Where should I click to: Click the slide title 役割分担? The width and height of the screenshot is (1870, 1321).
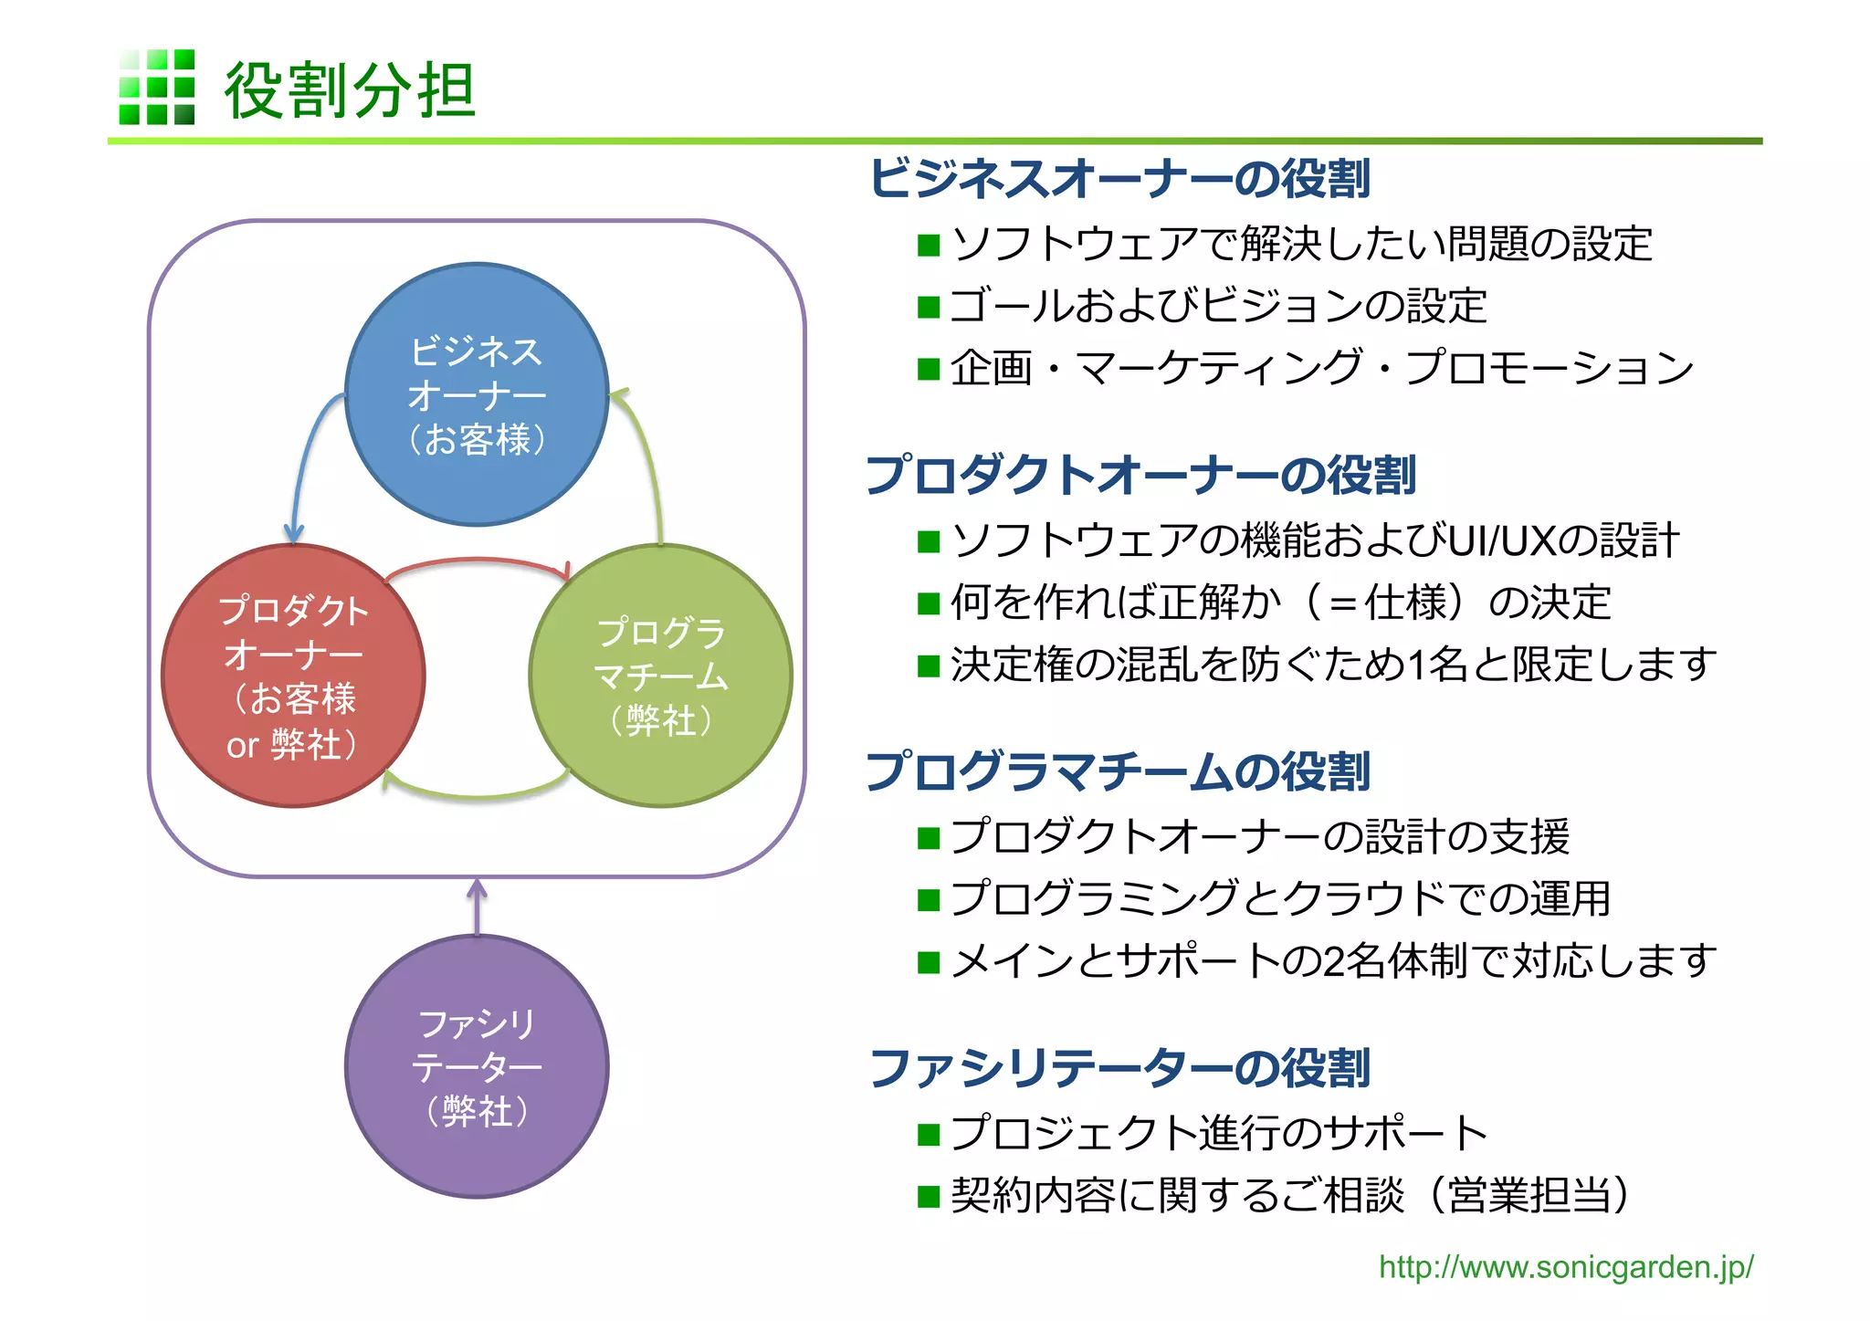350,90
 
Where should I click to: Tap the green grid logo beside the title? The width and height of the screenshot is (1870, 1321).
157,87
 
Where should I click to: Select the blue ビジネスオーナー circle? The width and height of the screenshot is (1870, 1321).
477,394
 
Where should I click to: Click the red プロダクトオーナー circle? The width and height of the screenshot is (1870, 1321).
293,676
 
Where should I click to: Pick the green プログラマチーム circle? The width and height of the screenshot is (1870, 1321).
660,676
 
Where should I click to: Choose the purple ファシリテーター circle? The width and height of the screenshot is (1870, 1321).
477,1066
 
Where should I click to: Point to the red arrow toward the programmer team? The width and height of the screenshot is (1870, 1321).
478,561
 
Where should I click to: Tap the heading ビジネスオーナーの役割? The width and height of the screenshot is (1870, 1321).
1119,178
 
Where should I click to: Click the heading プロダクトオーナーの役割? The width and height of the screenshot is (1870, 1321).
1141,475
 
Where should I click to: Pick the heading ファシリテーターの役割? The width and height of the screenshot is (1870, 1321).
1119,1068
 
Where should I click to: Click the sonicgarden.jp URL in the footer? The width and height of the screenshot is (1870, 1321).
1565,1267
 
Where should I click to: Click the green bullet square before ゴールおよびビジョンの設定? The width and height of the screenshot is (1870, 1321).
929,307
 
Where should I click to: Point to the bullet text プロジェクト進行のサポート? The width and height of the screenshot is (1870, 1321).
1219,1133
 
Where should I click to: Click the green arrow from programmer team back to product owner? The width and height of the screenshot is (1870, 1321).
477,794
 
